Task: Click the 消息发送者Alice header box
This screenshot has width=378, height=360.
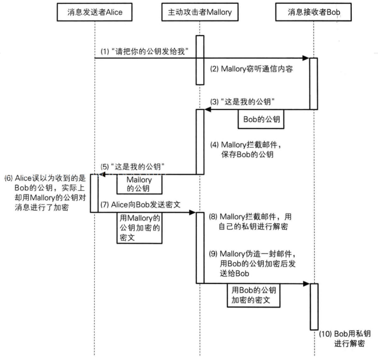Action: pyautogui.click(x=94, y=12)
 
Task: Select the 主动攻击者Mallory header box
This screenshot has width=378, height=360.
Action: pyautogui.click(x=200, y=12)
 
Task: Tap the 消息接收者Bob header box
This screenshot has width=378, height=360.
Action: pyautogui.click(x=314, y=12)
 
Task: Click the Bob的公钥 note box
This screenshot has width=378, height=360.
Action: pyautogui.click(x=261, y=119)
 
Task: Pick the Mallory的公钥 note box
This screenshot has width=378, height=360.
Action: pyautogui.click(x=139, y=184)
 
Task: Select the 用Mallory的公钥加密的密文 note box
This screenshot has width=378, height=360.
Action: pyautogui.click(x=139, y=228)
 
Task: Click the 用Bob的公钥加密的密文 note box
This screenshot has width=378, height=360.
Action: pyautogui.click(x=253, y=296)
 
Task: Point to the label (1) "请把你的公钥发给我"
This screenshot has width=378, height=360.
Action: pyautogui.click(x=144, y=51)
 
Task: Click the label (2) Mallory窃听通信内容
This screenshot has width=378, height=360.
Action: pyautogui.click(x=251, y=69)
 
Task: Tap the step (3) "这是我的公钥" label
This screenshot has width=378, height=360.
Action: pyautogui.click(x=242, y=102)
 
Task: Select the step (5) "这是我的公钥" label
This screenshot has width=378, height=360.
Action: pyautogui.click(x=132, y=167)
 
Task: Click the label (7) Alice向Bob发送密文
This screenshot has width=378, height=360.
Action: pyautogui.click(x=140, y=204)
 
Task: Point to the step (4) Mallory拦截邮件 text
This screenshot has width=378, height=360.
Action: pyautogui.click(x=246, y=149)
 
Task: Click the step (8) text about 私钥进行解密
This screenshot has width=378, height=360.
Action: pyautogui.click(x=250, y=222)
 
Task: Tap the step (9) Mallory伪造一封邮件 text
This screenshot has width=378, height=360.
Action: pyautogui.click(x=252, y=264)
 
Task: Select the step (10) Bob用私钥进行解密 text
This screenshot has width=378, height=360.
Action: pyautogui.click(x=344, y=339)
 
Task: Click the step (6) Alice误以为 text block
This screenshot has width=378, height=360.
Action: pyautogui.click(x=46, y=192)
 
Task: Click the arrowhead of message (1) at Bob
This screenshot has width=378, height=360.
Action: pyautogui.click(x=306, y=58)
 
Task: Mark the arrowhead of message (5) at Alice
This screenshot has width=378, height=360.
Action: pyautogui.click(x=102, y=174)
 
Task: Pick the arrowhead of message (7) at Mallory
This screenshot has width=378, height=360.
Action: pyautogui.click(x=192, y=212)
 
